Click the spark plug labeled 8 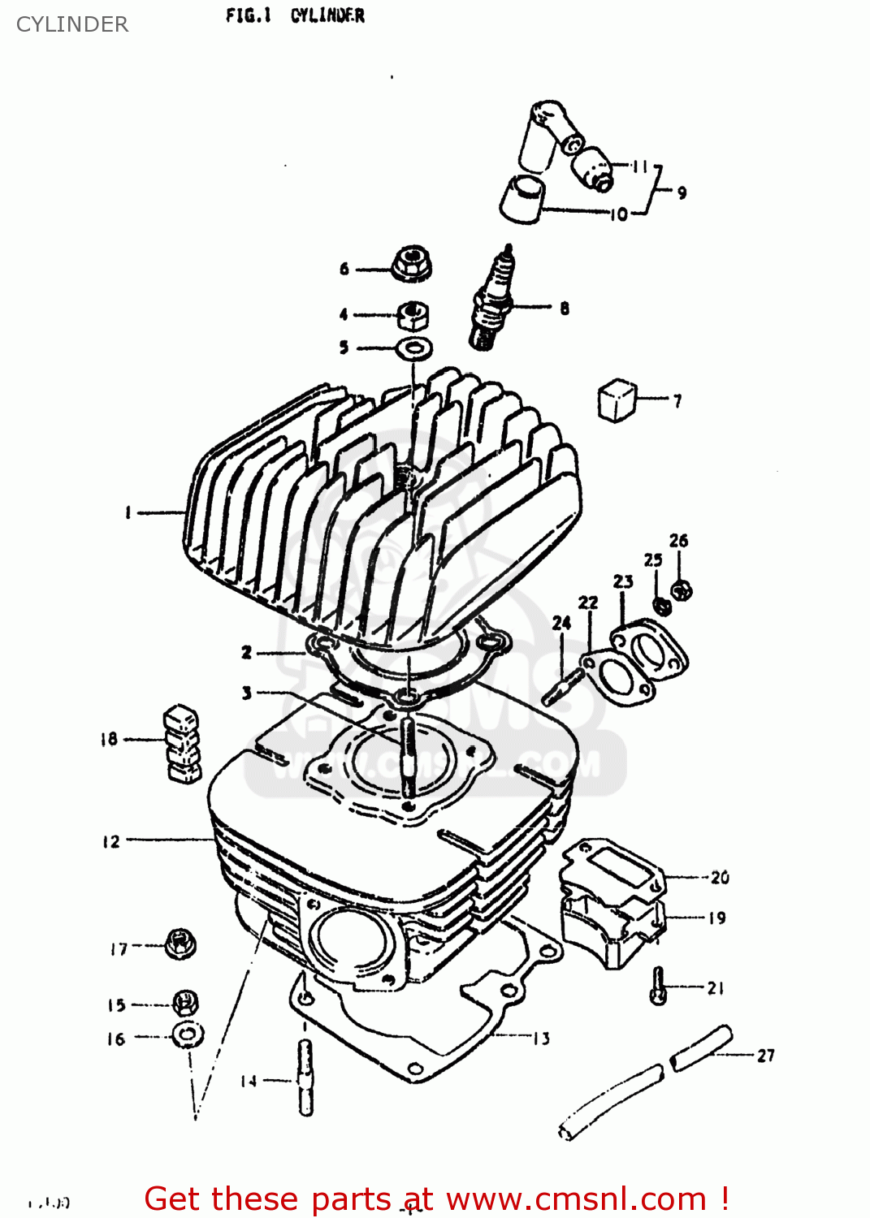coord(493,302)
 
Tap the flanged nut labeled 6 coord(411,264)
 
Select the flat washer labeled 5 coord(414,348)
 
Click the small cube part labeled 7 coord(617,400)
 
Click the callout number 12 coord(111,842)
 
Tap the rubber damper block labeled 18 coord(183,744)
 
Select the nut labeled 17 coord(180,944)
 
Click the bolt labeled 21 coord(659,986)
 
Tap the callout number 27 coord(765,1056)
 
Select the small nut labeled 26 coord(682,590)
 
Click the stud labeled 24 coord(563,689)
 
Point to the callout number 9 coord(682,192)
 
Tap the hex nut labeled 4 coord(413,315)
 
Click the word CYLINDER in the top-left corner coord(72,24)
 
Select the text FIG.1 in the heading coord(247,15)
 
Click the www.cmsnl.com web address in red coord(576,1199)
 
